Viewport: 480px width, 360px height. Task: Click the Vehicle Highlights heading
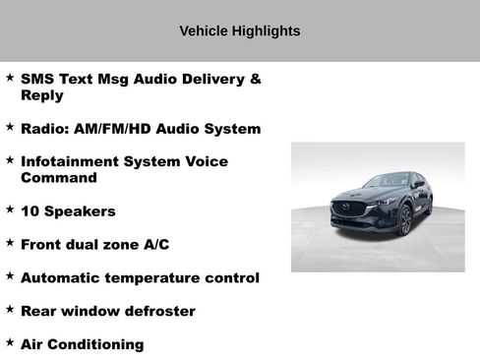pos(240,31)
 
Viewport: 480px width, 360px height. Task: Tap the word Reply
pos(41,95)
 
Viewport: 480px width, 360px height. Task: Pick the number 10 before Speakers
pos(30,211)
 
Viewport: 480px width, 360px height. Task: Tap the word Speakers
pos(80,211)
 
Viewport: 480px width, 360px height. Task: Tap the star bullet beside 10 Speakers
pos(10,210)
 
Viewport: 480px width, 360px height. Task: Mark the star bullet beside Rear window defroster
pos(10,310)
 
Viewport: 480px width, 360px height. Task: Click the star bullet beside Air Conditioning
pos(10,343)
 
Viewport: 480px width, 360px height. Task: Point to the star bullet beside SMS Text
pos(10,77)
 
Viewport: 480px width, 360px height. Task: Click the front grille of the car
pos(348,209)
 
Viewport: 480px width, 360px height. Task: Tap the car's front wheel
pos(405,221)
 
